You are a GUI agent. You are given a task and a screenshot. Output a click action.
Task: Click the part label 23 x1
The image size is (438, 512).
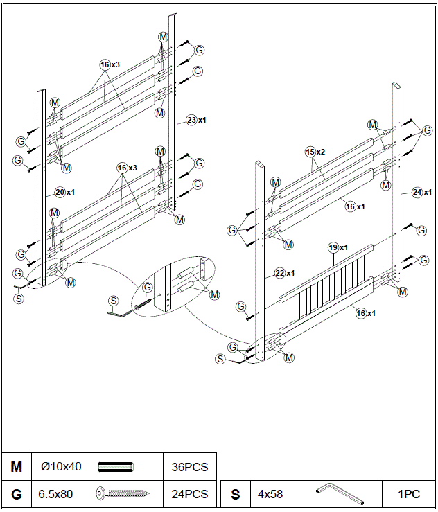(x=196, y=120)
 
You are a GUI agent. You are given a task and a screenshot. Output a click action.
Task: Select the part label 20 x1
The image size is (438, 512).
(x=64, y=191)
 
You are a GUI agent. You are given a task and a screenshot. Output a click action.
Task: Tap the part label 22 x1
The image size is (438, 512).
(x=284, y=272)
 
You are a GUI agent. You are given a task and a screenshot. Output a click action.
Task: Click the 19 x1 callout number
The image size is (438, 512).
(x=338, y=247)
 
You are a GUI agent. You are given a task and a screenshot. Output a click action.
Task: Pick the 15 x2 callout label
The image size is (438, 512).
(x=315, y=151)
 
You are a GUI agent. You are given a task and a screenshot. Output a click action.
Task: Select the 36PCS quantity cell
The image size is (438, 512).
(x=190, y=466)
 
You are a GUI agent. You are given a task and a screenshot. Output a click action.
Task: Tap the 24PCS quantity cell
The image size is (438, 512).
(x=190, y=494)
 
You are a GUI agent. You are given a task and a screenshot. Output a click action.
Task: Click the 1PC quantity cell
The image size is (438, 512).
(x=409, y=494)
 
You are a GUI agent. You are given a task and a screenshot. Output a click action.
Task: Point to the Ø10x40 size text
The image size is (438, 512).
(x=61, y=466)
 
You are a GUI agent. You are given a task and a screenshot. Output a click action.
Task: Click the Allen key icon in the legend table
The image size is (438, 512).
(x=340, y=494)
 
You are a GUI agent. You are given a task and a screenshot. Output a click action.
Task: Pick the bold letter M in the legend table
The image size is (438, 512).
(x=17, y=466)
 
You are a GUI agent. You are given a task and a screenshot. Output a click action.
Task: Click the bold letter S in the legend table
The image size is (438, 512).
(x=235, y=494)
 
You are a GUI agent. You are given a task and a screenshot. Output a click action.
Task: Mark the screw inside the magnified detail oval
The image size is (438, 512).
(x=142, y=306)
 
